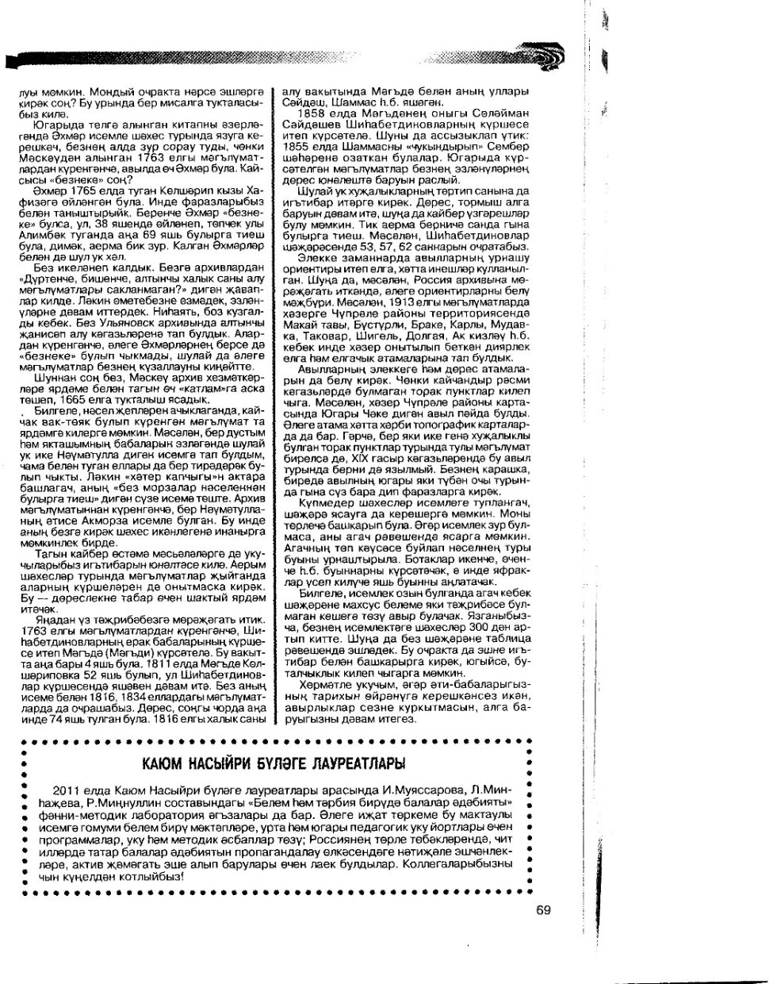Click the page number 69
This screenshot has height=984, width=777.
pyautogui.click(x=542, y=910)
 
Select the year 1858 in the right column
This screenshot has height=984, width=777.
pyautogui.click(x=310, y=112)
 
